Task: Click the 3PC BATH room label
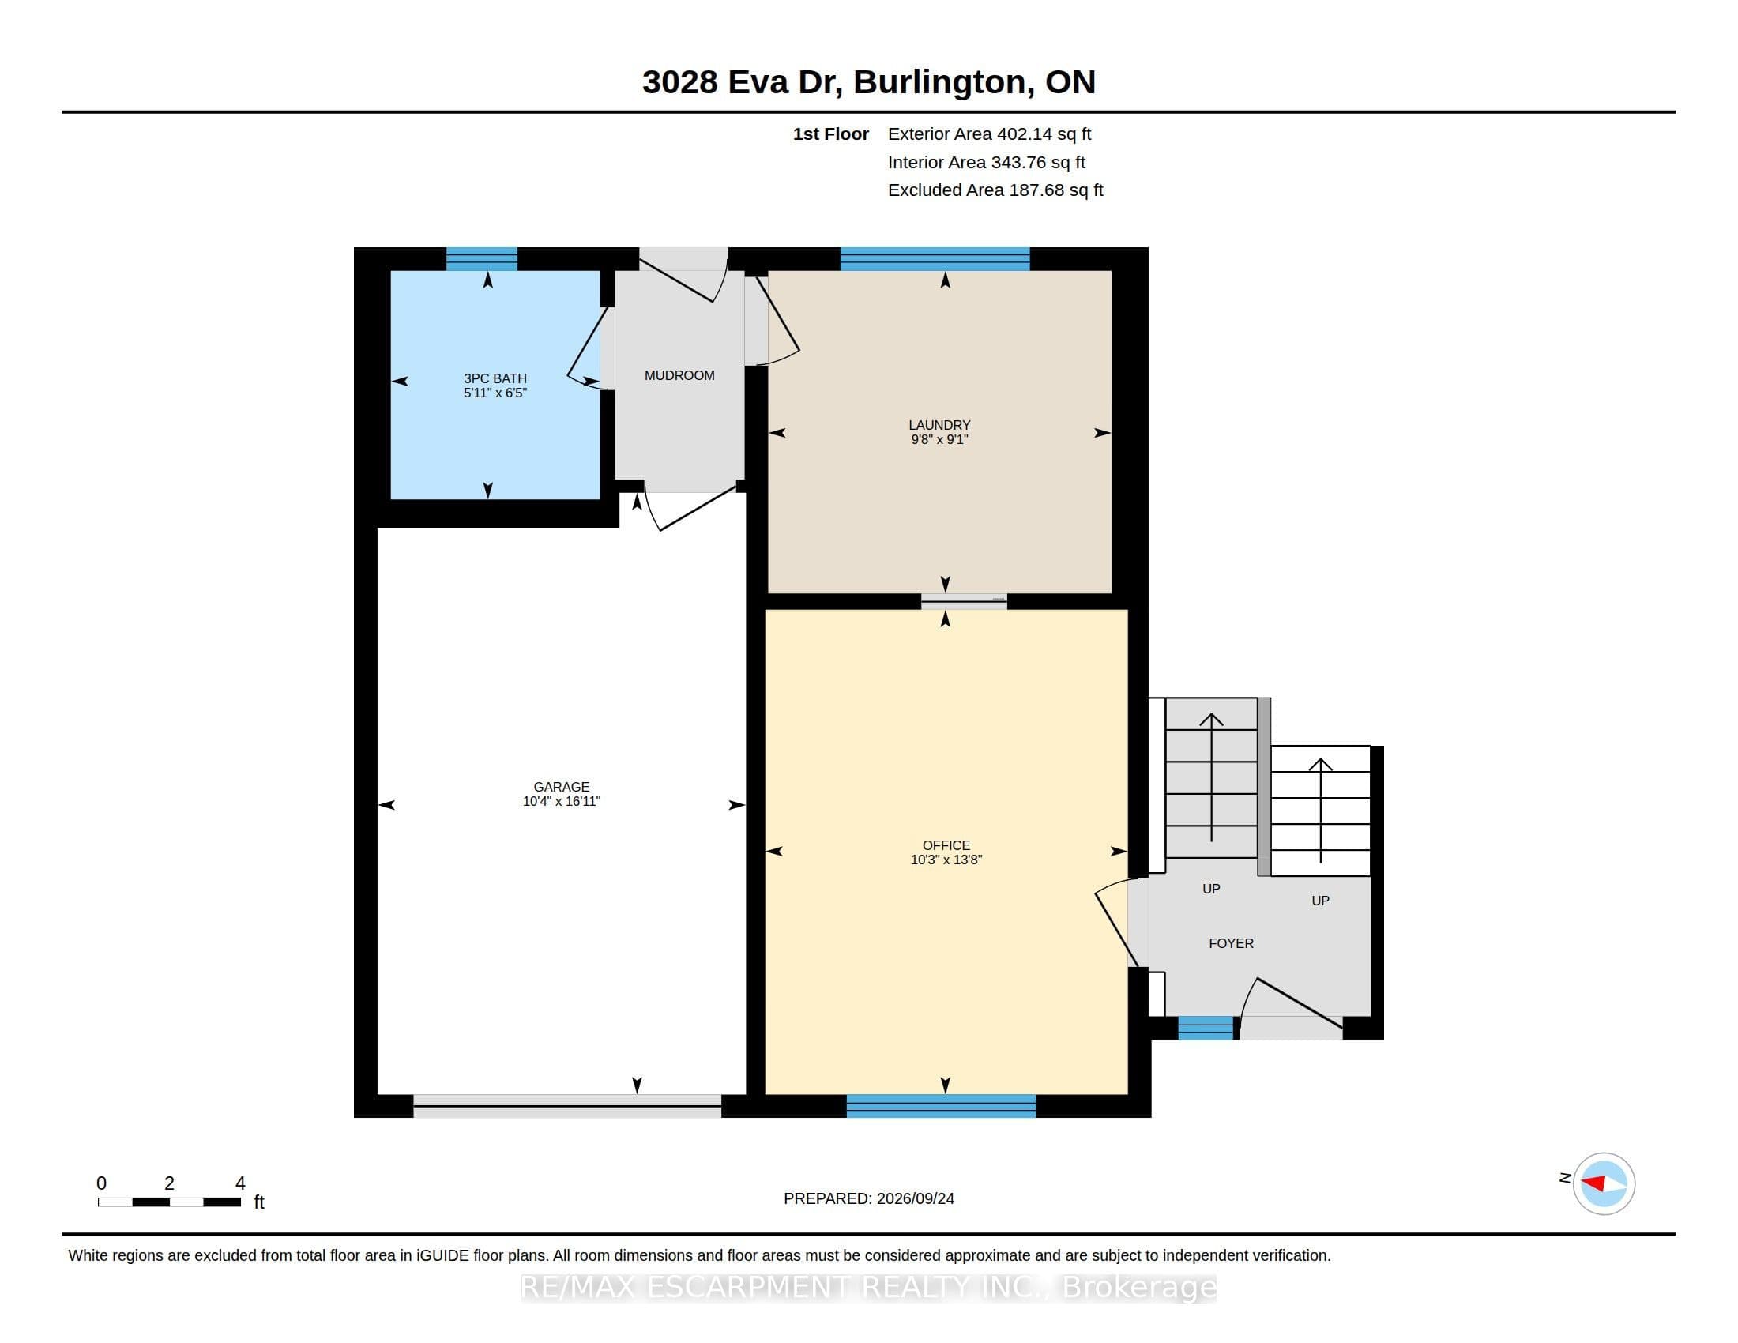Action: (x=495, y=378)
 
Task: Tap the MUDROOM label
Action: (x=679, y=375)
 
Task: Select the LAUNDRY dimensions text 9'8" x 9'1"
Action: (x=940, y=439)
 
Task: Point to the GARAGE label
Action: (x=561, y=787)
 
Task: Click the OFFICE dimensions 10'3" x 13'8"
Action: (x=946, y=860)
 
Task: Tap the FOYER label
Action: (x=1231, y=943)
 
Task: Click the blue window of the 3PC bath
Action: (x=481, y=259)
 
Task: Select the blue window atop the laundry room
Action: (x=935, y=259)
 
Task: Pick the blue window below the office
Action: (x=942, y=1106)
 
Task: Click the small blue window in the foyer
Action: (x=1206, y=1028)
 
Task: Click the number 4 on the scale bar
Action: (x=240, y=1183)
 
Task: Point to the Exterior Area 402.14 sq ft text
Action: (x=989, y=134)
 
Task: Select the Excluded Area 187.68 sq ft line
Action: (x=995, y=190)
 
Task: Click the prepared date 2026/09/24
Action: (x=915, y=1198)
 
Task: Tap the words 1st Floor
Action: (x=831, y=134)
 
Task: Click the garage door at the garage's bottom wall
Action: (x=567, y=1106)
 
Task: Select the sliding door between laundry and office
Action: (x=964, y=601)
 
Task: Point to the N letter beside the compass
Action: (x=1564, y=1178)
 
